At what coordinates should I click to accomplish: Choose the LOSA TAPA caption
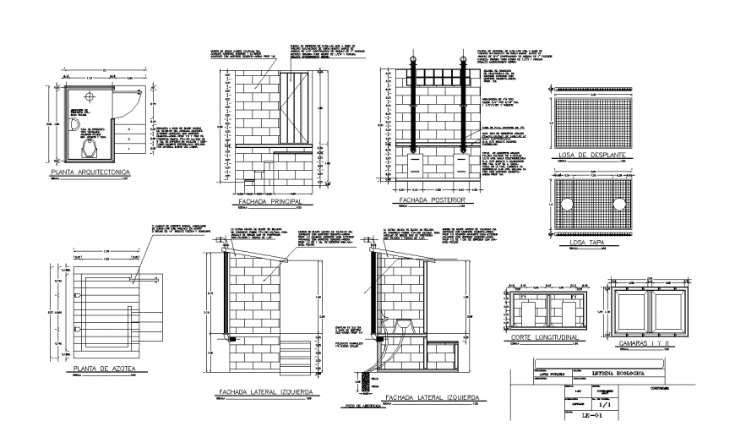pyautogui.click(x=589, y=243)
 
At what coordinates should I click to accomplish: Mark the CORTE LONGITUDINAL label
pyautogui.click(x=542, y=338)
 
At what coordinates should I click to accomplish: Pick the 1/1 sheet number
pyautogui.click(x=602, y=403)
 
